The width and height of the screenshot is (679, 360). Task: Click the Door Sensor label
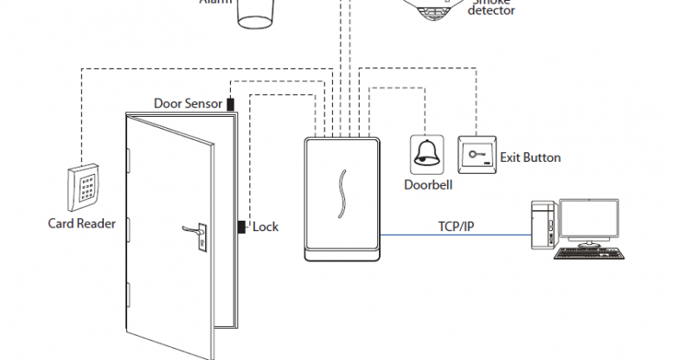tap(189, 103)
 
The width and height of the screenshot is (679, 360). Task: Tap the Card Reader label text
tap(81, 223)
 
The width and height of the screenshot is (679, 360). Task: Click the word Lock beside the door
tap(266, 227)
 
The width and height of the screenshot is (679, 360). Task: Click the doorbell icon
tap(425, 153)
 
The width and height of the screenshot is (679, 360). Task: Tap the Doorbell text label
tap(428, 184)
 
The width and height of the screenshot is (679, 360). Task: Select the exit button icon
tap(476, 153)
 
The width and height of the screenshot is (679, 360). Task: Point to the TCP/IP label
tap(455, 227)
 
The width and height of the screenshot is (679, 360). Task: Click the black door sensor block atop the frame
tap(231, 104)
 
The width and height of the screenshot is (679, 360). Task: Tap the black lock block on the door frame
tap(241, 227)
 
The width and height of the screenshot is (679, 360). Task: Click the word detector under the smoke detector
tap(491, 11)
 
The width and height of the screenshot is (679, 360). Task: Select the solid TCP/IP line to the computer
tap(455, 235)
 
